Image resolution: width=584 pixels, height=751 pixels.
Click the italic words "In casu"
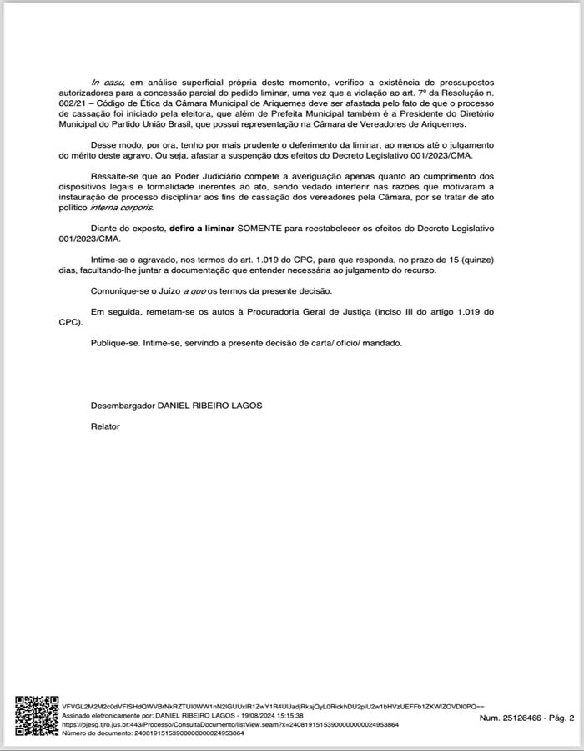pyautogui.click(x=106, y=83)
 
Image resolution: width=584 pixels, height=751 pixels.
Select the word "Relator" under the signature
pyautogui.click(x=105, y=426)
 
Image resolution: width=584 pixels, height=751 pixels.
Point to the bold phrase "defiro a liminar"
pyautogui.click(x=202, y=227)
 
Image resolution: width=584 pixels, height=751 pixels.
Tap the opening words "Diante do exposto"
pyautogui.click(x=128, y=227)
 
